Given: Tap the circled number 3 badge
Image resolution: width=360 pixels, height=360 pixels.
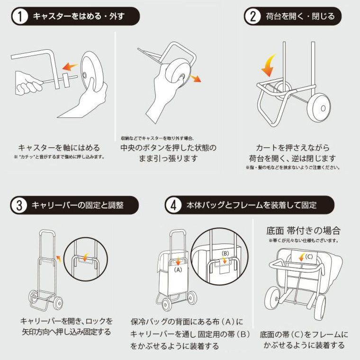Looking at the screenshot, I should coord(19,206).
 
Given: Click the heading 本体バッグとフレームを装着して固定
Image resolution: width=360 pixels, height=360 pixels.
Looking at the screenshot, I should coord(251,206).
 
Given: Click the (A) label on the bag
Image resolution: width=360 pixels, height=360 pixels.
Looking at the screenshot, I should coord(178,270).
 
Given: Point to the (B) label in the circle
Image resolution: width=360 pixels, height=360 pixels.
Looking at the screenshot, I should coord(225,253).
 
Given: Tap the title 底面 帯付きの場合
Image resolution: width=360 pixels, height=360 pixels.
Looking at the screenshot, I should coord(304,231).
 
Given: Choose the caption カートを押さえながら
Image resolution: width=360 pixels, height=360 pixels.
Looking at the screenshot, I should coord(292,147).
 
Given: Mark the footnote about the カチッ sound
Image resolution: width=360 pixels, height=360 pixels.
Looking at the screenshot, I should coord(59,157).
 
